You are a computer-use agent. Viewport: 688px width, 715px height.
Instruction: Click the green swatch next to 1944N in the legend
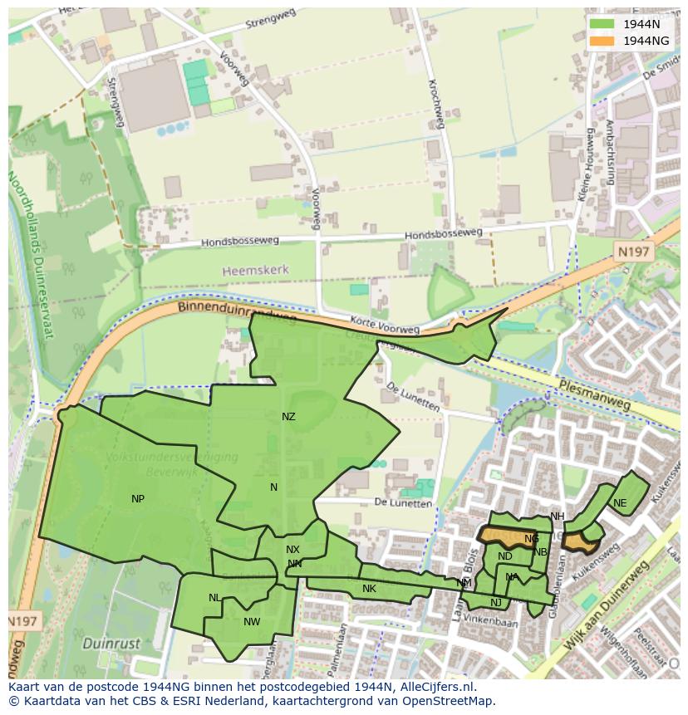coord(603,24)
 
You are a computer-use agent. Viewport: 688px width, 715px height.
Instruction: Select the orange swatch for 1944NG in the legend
coord(603,41)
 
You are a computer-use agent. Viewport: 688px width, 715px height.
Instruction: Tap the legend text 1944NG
coord(646,41)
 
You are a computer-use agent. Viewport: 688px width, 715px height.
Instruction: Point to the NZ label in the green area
coord(288,417)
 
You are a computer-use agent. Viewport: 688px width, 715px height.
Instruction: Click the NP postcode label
coord(138,499)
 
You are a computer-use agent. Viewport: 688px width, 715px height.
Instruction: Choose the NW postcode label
coord(252,621)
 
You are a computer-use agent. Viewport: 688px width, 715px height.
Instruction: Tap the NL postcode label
coord(214,598)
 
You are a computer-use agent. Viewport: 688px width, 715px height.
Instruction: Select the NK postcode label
coord(369,589)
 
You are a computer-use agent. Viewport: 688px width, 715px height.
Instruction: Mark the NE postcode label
coord(620,503)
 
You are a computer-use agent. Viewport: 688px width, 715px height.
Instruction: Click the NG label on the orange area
coord(532,539)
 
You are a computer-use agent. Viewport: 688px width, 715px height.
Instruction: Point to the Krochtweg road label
coord(433,104)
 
